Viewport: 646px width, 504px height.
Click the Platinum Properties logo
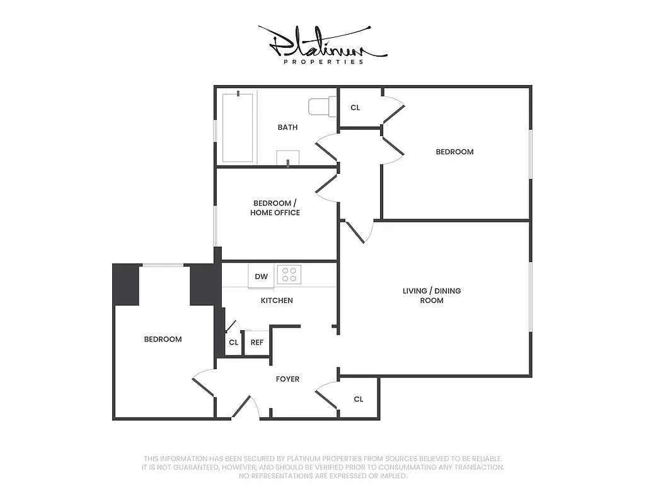click(x=322, y=44)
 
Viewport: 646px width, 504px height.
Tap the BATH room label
click(x=287, y=127)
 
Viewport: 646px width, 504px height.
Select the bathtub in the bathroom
click(x=238, y=127)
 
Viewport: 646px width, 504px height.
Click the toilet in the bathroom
click(x=321, y=106)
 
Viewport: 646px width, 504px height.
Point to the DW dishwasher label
click(x=261, y=276)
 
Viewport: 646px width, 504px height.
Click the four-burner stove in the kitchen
click(x=289, y=274)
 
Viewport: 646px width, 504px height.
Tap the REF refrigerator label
click(x=257, y=343)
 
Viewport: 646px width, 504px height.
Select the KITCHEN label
click(x=277, y=301)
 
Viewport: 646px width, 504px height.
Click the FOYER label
click(x=287, y=379)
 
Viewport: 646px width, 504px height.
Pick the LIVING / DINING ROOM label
click(x=432, y=295)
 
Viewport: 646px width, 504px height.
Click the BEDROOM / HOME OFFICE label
click(x=275, y=208)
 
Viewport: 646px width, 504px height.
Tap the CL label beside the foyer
click(x=358, y=399)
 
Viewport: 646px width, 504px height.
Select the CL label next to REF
click(x=233, y=343)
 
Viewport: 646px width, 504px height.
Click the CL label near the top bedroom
click(x=355, y=108)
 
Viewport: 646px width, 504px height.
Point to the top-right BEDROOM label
click(x=454, y=152)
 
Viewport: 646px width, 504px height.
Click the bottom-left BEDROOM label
click(x=163, y=340)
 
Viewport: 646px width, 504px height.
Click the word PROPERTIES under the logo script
click(x=323, y=62)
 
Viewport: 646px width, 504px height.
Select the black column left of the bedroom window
click(x=126, y=285)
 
